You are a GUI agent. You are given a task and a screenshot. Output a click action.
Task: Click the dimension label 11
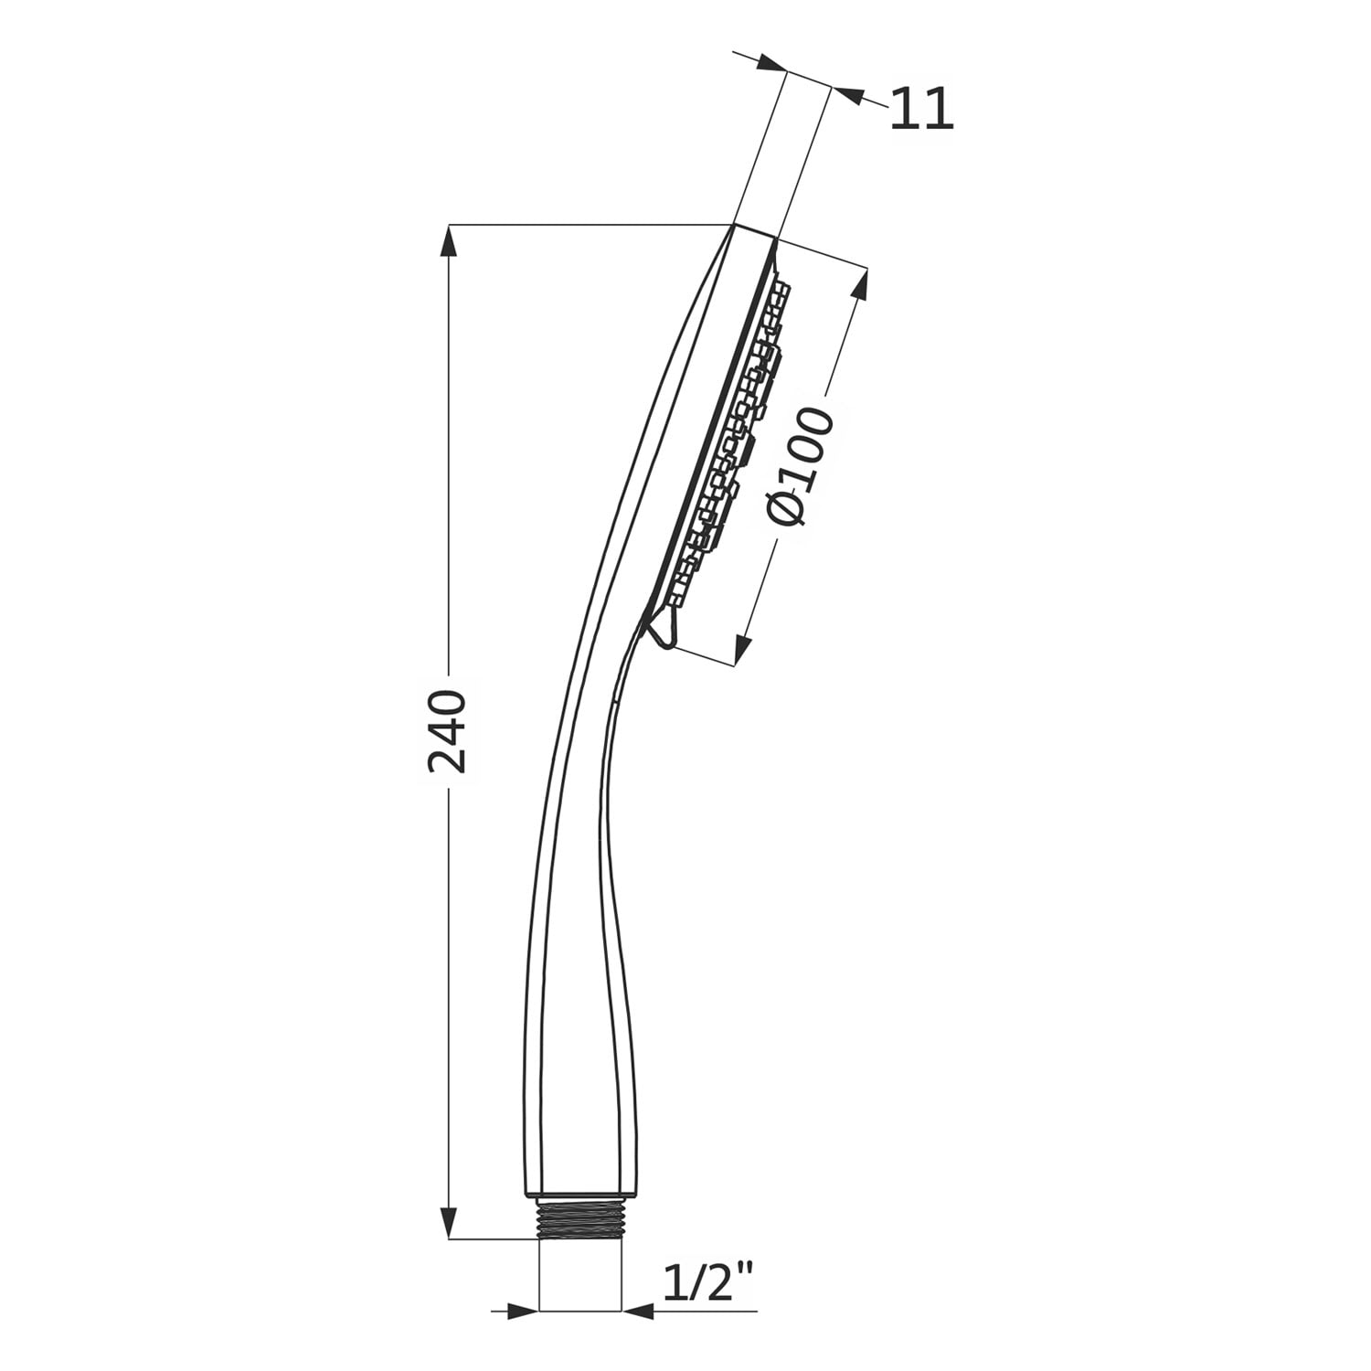point(922,109)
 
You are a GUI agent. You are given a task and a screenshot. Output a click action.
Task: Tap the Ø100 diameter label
point(800,467)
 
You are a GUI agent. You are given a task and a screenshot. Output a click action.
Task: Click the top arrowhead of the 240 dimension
point(448,241)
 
